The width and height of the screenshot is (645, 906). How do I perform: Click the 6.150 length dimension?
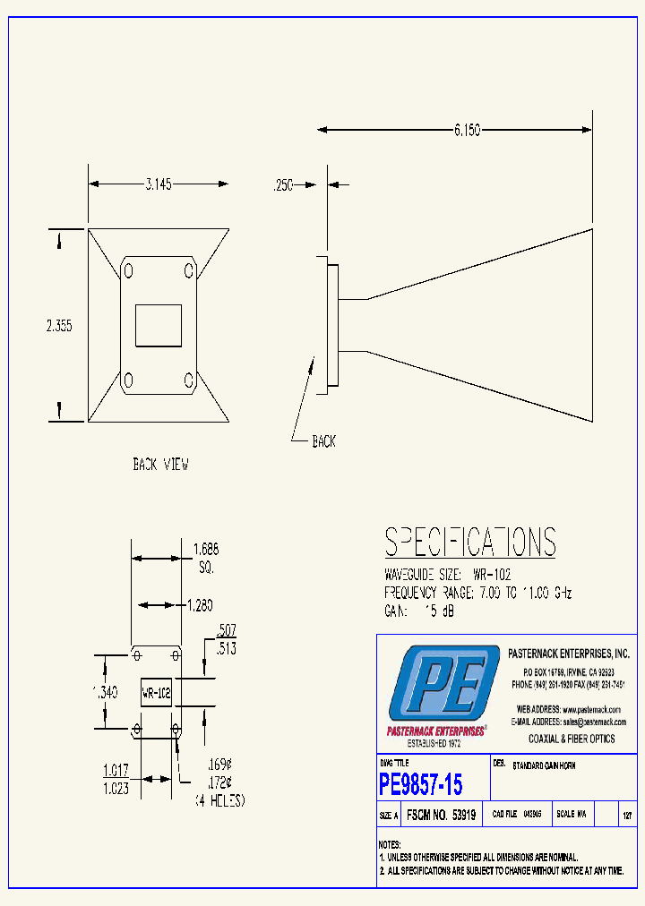(x=467, y=131)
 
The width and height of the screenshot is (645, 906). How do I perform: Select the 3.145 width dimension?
(x=158, y=184)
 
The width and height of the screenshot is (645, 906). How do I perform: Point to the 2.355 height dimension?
(x=59, y=327)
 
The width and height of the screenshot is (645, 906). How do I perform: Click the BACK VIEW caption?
(x=160, y=465)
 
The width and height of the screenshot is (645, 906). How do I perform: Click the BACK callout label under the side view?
(x=323, y=441)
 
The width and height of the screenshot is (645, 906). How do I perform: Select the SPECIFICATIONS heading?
(x=470, y=543)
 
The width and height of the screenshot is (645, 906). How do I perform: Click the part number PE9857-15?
(x=421, y=785)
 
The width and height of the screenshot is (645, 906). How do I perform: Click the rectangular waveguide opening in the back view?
(x=158, y=326)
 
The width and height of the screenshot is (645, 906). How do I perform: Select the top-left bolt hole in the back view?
(x=129, y=270)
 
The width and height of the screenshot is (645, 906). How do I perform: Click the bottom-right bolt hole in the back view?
(x=189, y=380)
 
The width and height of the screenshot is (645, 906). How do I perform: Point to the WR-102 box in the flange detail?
(x=156, y=693)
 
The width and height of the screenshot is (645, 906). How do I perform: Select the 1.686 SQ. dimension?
(x=206, y=559)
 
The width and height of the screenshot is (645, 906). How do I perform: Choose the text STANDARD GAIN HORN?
(x=544, y=766)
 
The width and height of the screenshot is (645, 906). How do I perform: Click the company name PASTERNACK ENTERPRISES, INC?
(x=569, y=654)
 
